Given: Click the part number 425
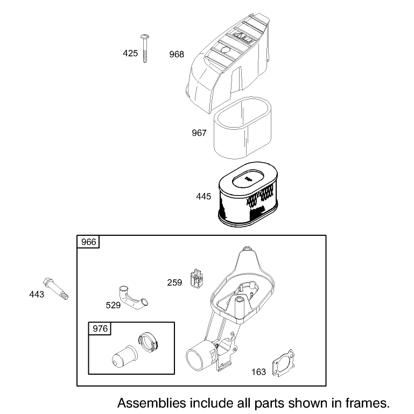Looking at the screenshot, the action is tap(130, 53).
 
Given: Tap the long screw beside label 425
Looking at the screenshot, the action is tap(145, 48).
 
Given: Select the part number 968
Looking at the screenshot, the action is tap(177, 54).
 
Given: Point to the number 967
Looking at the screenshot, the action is tap(199, 133).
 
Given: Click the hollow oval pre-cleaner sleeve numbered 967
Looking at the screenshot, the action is tap(242, 128).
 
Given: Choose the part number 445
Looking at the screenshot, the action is tap(204, 197).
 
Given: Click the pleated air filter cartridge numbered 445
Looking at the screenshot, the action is tap(248, 194).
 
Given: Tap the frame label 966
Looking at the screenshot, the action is tap(89, 242).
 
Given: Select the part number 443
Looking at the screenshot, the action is tap(37, 294).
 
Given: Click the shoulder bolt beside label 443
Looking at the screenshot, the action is tap(56, 289).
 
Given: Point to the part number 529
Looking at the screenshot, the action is tap(113, 305).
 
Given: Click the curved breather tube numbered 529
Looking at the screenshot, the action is tap(132, 298).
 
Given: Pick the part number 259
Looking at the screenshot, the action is tap(174, 283).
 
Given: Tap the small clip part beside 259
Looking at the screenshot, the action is tap(196, 278).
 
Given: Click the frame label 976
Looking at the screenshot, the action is tap(100, 329).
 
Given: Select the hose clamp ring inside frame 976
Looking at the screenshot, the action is tap(149, 342).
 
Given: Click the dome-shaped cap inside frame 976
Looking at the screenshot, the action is tap(124, 356).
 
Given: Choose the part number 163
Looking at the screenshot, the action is tap(259, 372).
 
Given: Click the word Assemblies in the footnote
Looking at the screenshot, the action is tap(152, 403).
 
